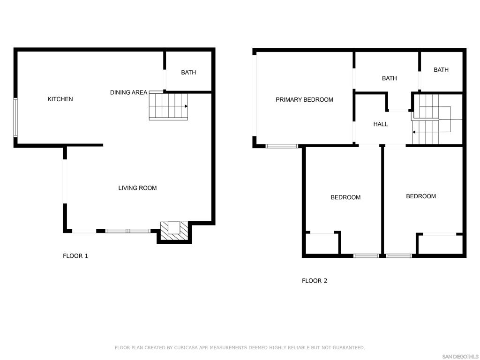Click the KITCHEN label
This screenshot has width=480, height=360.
[x=60, y=99]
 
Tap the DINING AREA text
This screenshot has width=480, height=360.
[x=128, y=92]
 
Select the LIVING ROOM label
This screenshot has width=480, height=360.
[x=137, y=188]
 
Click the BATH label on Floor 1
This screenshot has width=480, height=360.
[x=188, y=73]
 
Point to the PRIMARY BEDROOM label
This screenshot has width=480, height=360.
[x=304, y=100]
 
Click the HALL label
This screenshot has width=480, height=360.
[x=381, y=124]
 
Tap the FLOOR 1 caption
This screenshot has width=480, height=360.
[x=75, y=256]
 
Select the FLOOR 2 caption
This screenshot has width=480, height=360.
[x=315, y=281]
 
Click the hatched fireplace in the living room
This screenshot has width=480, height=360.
[x=174, y=231]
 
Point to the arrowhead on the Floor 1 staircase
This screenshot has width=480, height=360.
[x=186, y=106]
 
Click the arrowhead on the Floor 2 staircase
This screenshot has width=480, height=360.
[x=414, y=132]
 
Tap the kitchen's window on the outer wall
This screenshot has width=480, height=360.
[x=15, y=117]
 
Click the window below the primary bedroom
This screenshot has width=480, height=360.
[x=282, y=146]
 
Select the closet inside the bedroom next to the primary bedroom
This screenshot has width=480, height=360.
[x=322, y=243]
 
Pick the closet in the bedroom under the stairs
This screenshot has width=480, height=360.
[x=440, y=244]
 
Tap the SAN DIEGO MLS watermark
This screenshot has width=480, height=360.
[x=460, y=357]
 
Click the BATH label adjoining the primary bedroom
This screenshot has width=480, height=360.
[x=390, y=78]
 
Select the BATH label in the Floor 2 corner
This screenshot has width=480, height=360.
[x=441, y=70]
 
